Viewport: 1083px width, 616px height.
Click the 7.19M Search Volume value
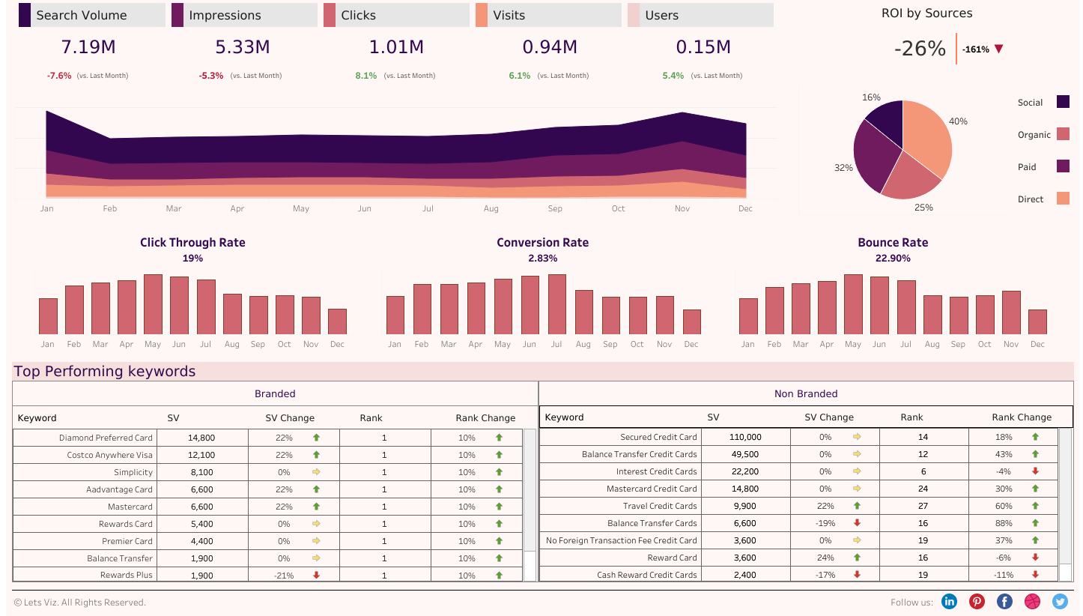[x=88, y=47]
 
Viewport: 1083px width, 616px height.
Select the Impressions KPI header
[x=225, y=15]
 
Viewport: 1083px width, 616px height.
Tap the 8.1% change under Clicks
[x=365, y=76]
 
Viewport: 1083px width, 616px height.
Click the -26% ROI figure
[x=920, y=49]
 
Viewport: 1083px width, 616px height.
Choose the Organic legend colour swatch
[x=1063, y=134]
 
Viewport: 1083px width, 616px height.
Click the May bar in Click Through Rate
[x=153, y=304]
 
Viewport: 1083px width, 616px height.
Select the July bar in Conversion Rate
[x=556, y=304]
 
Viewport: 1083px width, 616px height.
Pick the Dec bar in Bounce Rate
[x=1037, y=321]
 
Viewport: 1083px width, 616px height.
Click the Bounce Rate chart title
[x=893, y=243]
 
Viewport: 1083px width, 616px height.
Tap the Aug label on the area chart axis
[x=491, y=208]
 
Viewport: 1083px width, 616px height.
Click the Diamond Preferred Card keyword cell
[x=106, y=438]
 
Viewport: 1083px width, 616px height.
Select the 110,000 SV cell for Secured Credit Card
[x=744, y=437]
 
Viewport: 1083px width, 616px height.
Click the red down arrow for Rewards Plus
[x=316, y=576]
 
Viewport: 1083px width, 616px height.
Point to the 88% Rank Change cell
[x=1004, y=523]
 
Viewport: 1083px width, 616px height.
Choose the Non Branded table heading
[x=806, y=393]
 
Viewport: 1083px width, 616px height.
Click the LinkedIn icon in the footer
[x=949, y=601]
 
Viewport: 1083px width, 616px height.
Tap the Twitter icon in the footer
[x=1060, y=601]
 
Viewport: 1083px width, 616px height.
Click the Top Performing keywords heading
[x=104, y=372]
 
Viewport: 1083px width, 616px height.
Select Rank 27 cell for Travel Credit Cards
[x=923, y=506]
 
